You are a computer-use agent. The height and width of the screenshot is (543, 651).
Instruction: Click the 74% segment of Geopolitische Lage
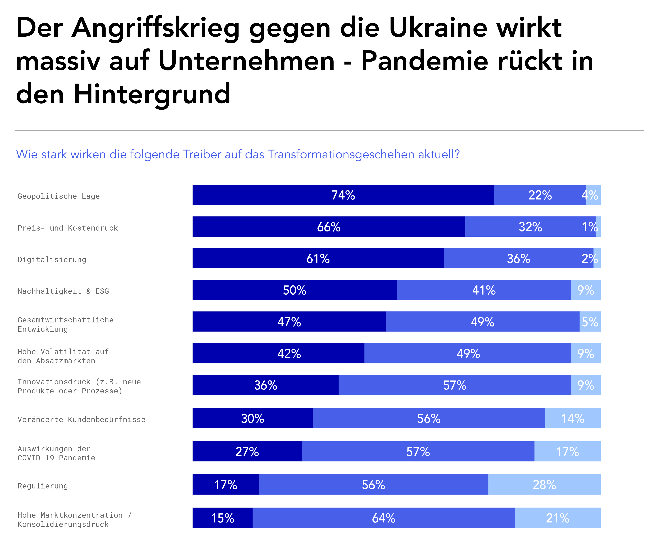pyautogui.click(x=343, y=195)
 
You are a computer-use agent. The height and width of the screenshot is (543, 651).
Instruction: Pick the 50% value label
pyautogui.click(x=295, y=290)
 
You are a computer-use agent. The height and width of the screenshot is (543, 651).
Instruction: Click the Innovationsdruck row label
pyautogui.click(x=79, y=386)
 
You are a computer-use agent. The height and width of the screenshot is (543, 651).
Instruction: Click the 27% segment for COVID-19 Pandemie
pyautogui.click(x=247, y=451)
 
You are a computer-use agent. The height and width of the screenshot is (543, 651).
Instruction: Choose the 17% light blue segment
pyautogui.click(x=567, y=451)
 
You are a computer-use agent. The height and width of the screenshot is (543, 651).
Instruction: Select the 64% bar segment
pyautogui.click(x=384, y=518)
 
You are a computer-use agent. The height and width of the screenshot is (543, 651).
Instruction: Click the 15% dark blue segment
pyautogui.click(x=223, y=518)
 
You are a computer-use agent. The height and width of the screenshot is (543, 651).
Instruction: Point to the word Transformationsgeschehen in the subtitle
pyautogui.click(x=341, y=154)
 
